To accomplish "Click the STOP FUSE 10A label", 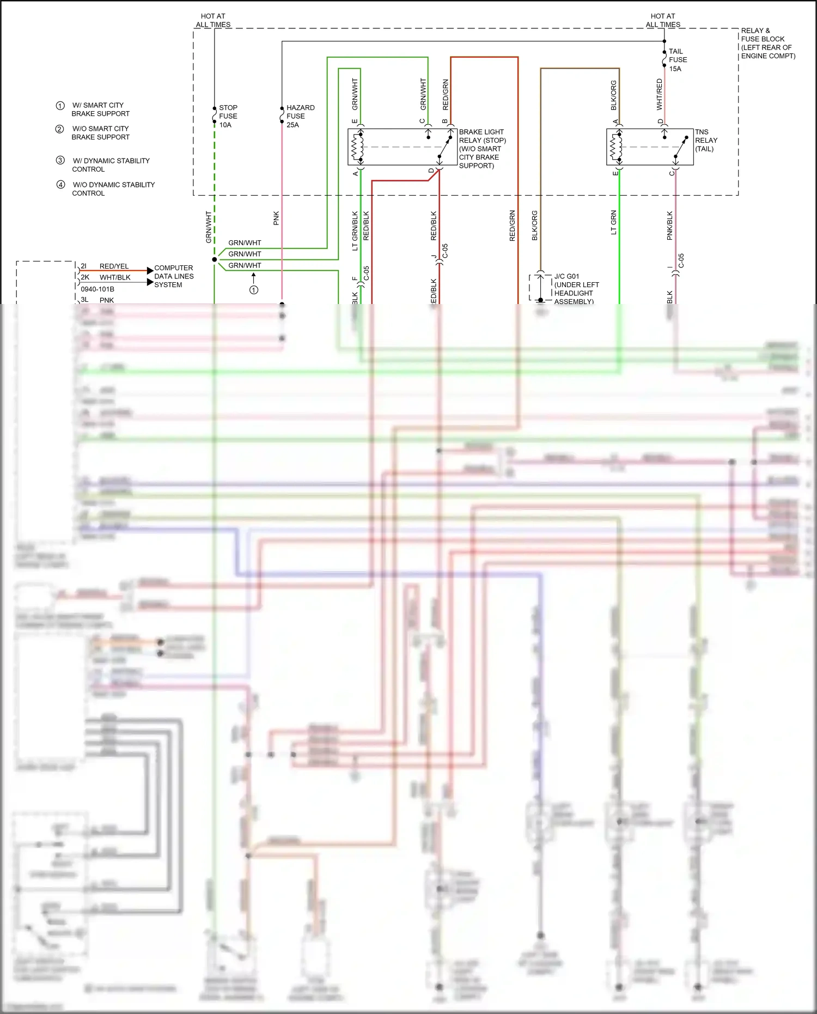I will pyautogui.click(x=228, y=116).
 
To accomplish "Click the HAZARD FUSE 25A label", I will pyautogui.click(x=300, y=116).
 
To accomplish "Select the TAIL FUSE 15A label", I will pyautogui.click(x=677, y=60).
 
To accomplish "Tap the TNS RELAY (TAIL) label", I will pyautogui.click(x=706, y=141).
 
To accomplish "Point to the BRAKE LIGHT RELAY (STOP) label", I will pyautogui.click(x=482, y=149).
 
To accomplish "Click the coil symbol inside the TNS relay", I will pyautogui.click(x=616, y=147).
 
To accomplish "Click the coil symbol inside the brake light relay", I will pyautogui.click(x=357, y=147).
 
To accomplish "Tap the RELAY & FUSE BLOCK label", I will pyautogui.click(x=767, y=43).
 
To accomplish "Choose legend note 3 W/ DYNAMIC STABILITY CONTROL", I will pyautogui.click(x=110, y=165).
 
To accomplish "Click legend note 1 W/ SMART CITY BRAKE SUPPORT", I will pyautogui.click(x=100, y=109).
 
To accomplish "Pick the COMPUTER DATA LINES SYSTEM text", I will pyautogui.click(x=173, y=276).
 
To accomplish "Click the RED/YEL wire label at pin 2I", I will pyautogui.click(x=114, y=266).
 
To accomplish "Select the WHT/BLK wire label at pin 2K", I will pyautogui.click(x=115, y=277).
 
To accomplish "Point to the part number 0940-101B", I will pyautogui.click(x=97, y=289).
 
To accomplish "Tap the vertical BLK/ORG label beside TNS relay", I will pyautogui.click(x=614, y=95).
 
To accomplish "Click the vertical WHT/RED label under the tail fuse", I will pyautogui.click(x=660, y=94).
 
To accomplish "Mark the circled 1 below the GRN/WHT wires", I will pyautogui.click(x=254, y=290).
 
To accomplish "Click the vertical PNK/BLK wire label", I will pyautogui.click(x=670, y=226).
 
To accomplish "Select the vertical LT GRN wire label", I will pyautogui.click(x=614, y=222).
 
